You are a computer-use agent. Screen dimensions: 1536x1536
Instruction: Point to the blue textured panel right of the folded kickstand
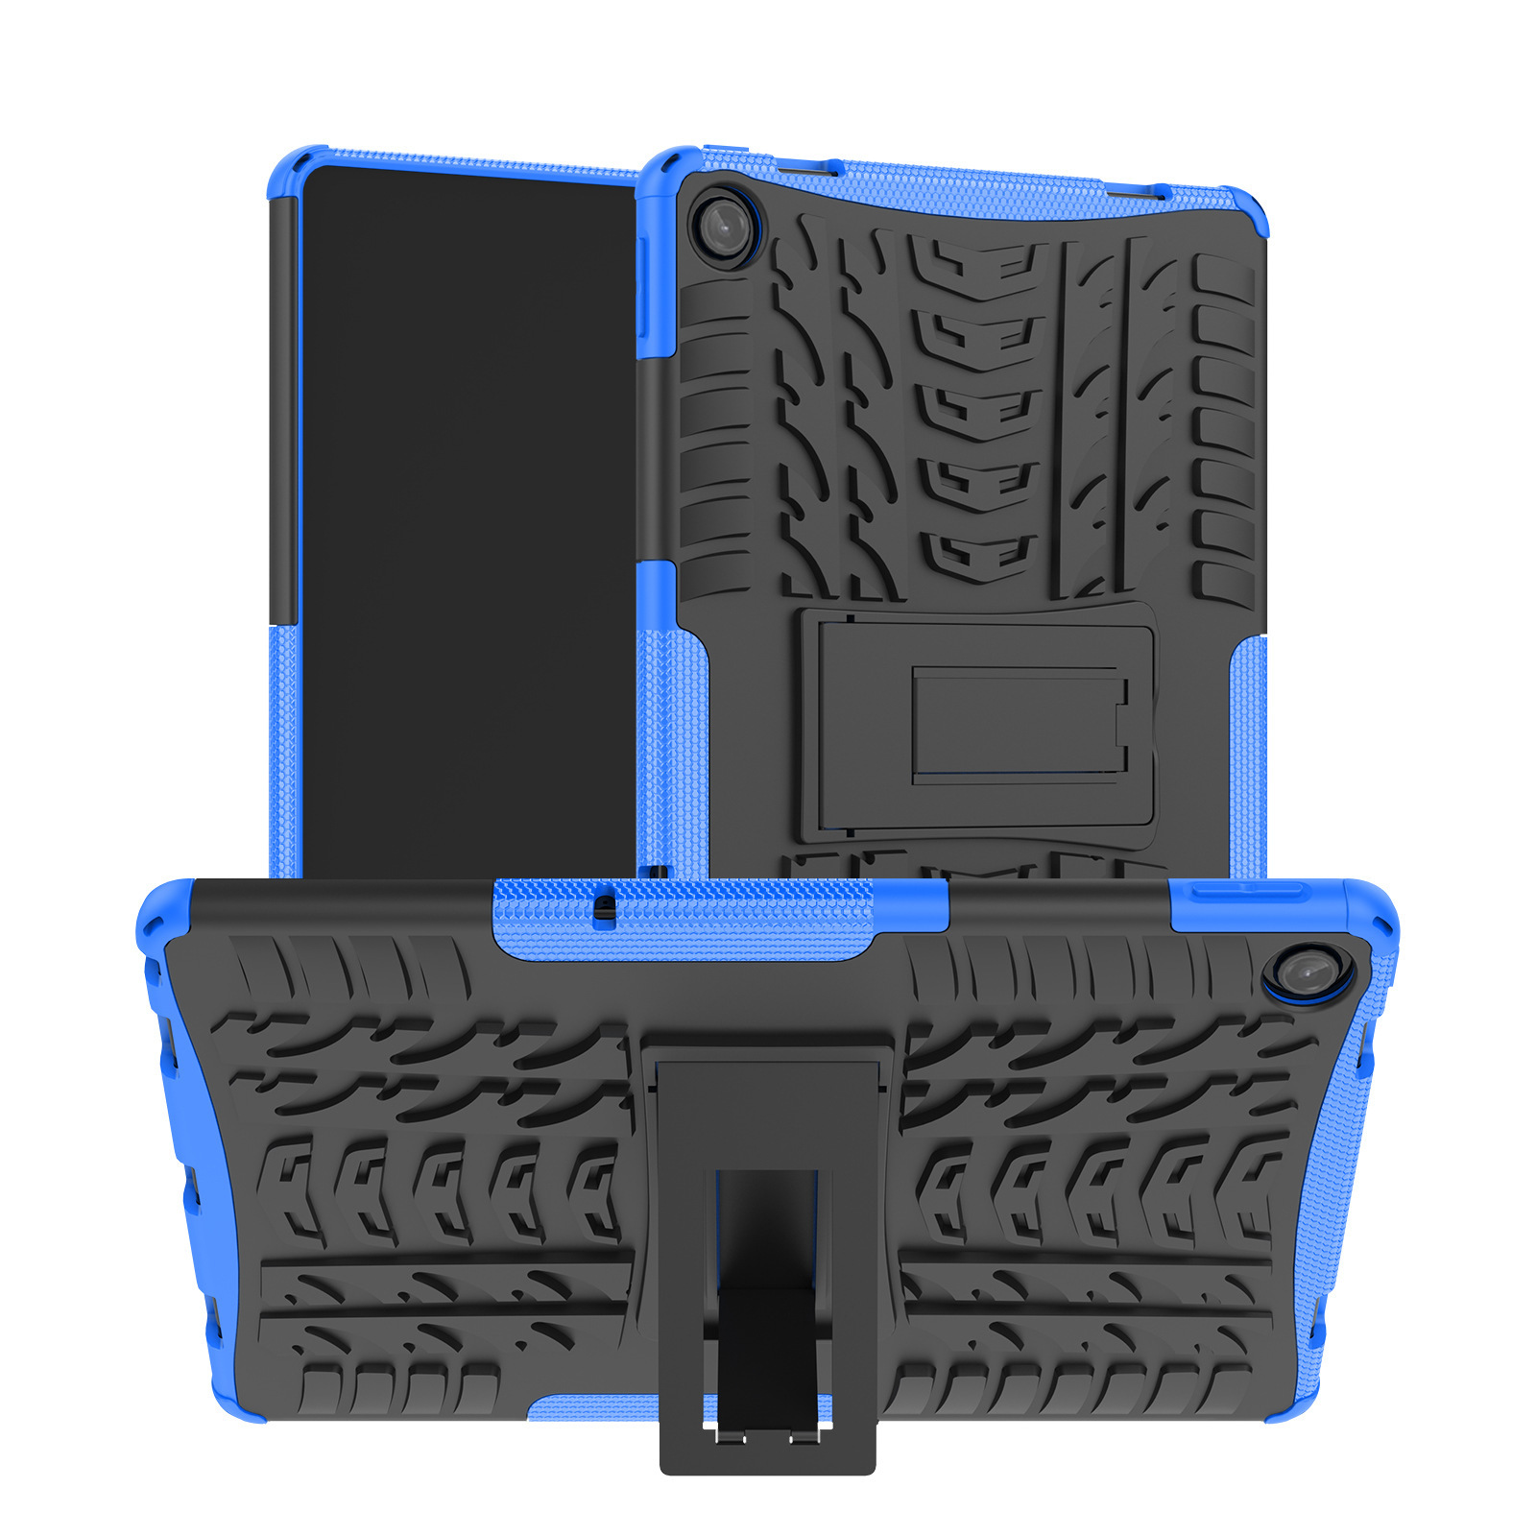tap(1248, 758)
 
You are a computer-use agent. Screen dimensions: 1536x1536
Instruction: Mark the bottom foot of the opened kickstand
tap(767, 1445)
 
